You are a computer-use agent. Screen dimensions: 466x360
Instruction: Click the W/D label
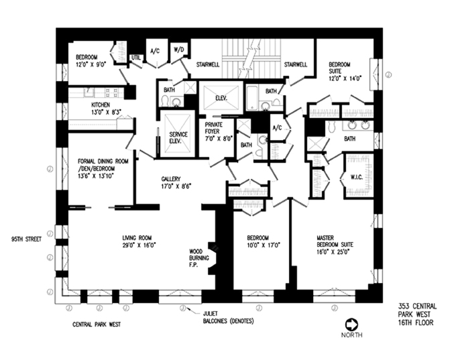point(179,49)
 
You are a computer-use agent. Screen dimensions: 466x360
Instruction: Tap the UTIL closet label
point(135,58)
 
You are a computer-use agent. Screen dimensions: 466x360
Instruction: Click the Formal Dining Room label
point(102,164)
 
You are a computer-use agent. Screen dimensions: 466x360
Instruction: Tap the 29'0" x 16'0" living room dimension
point(138,245)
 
